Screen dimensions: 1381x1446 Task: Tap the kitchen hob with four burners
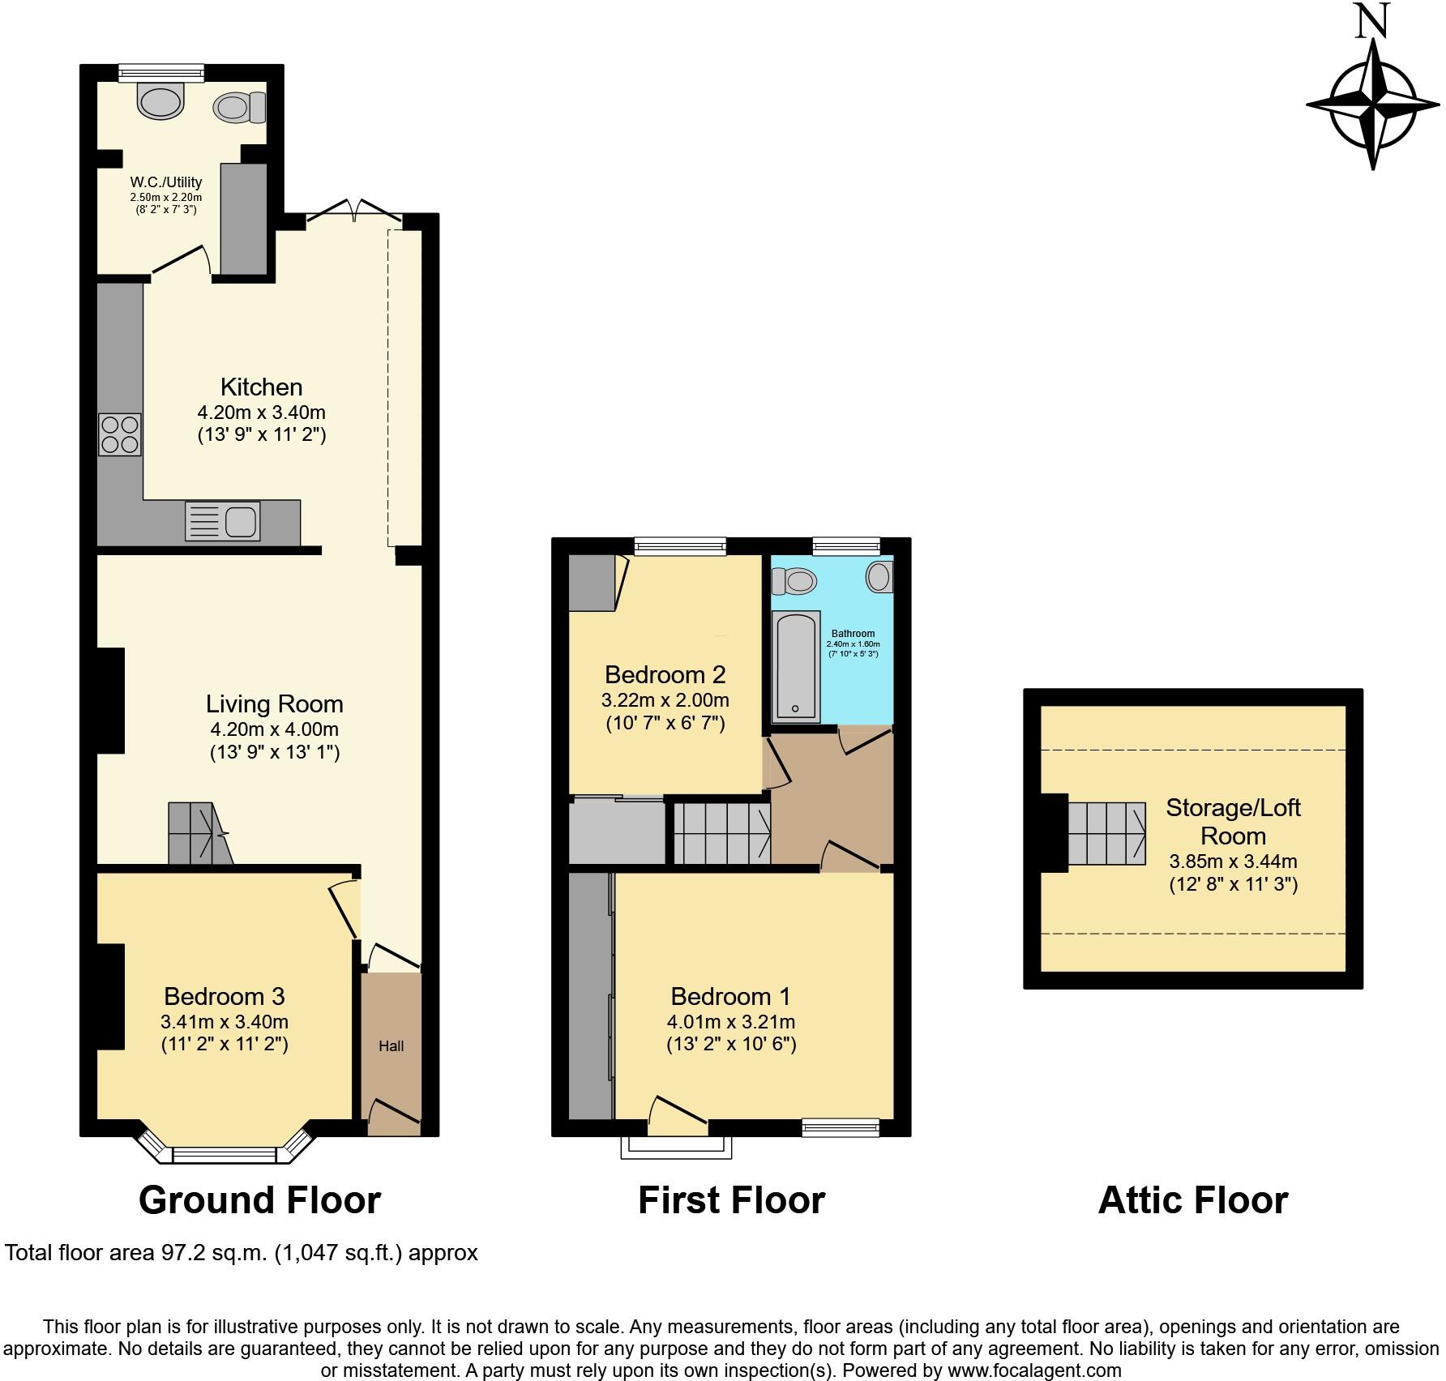120,434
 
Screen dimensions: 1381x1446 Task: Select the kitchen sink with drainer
222,521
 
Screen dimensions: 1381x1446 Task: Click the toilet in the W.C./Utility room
240,107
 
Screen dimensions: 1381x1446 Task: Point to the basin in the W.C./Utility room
160,100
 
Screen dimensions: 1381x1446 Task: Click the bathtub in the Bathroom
795,666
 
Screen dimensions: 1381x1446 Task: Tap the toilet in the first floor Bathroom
794,580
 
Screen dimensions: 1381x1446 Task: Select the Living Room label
274,703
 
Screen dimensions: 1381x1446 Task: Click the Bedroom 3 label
224,996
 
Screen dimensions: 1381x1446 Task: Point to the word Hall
391,1046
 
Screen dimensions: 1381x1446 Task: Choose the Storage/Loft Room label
1233,821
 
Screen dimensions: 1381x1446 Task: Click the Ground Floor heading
259,1200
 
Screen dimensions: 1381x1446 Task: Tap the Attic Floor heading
1192,1200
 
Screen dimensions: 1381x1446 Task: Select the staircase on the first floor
721,832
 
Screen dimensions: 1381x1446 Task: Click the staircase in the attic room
1106,833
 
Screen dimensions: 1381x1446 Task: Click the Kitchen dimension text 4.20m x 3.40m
261,412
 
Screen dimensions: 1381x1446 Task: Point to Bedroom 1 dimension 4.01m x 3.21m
730,1021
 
